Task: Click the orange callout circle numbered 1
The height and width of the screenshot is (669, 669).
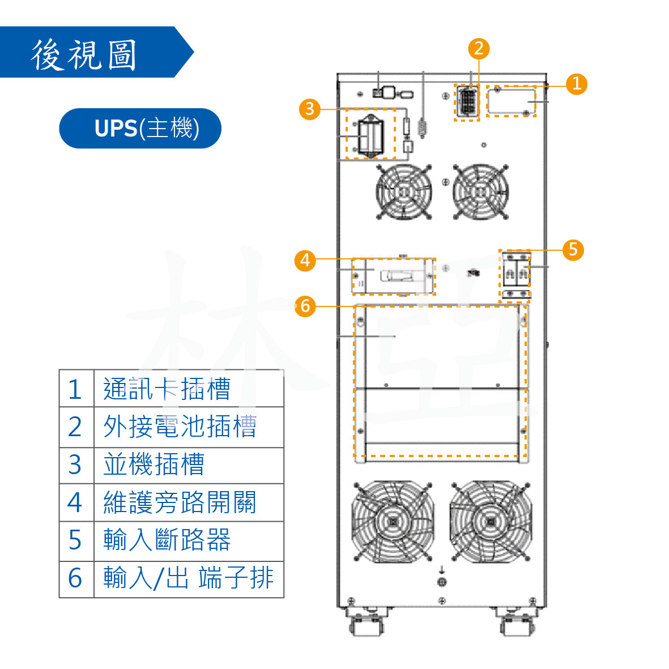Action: pos(576,84)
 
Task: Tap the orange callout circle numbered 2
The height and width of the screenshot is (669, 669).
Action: pos(479,48)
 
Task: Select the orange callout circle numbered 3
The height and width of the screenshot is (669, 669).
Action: pos(309,108)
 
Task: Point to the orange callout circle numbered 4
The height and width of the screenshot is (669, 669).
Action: pos(305,260)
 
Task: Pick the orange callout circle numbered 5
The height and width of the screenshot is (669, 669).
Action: pos(573,249)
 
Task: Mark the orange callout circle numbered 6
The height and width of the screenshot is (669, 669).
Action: pos(305,306)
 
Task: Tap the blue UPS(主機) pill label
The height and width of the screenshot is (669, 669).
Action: pos(140,129)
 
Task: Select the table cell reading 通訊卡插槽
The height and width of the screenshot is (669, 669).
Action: pos(188,389)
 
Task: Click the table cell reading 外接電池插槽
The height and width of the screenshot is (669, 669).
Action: pos(188,427)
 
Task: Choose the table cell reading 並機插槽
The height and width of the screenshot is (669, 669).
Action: pos(188,465)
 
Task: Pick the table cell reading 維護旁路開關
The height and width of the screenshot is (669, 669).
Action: pos(188,502)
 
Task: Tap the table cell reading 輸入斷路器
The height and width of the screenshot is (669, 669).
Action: pos(188,540)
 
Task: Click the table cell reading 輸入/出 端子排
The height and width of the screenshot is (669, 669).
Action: pos(188,578)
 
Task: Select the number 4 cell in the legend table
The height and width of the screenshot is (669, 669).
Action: pos(75,502)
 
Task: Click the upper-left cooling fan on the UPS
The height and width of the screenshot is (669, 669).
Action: pos(404,191)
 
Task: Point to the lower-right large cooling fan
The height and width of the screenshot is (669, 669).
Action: pos(491,521)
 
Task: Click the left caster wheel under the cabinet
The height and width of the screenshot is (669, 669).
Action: pos(367,625)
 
